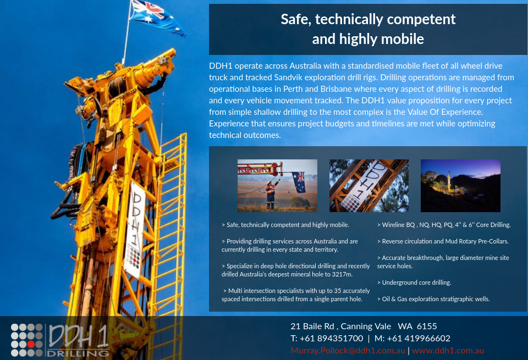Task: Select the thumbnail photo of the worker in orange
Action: pyautogui.click(x=277, y=185)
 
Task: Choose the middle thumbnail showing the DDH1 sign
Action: pyautogui.click(x=369, y=185)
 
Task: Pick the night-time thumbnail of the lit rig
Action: pyautogui.click(x=460, y=185)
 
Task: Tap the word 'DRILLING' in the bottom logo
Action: pyautogui.click(x=78, y=353)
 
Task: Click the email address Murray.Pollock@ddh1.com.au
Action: pyautogui.click(x=348, y=351)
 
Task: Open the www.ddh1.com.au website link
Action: pyautogui.click(x=448, y=351)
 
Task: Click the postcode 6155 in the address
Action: pyautogui.click(x=426, y=326)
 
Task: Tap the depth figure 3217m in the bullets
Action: pyautogui.click(x=340, y=274)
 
